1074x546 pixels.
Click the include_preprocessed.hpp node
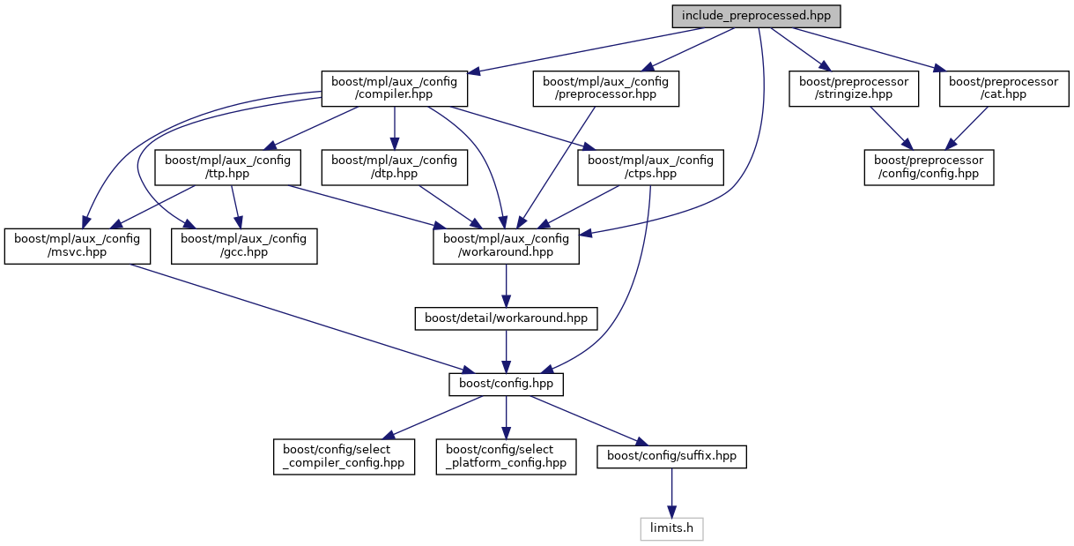click(x=755, y=16)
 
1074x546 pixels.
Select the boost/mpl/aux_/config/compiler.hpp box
click(x=394, y=88)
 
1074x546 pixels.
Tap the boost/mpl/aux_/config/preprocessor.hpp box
click(x=605, y=88)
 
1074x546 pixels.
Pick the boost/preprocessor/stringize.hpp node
click(x=854, y=88)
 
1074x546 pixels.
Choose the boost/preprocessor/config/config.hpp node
click(x=929, y=167)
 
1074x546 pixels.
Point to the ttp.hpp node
click(x=228, y=167)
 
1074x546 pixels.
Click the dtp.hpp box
click(x=394, y=167)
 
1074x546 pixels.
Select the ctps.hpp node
click(x=650, y=167)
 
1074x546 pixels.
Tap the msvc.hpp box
click(x=77, y=245)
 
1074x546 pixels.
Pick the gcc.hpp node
click(x=243, y=245)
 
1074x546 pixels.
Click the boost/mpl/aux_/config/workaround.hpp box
click(x=506, y=245)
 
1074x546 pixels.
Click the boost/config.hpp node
click(x=506, y=385)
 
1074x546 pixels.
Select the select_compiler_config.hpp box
click(x=344, y=456)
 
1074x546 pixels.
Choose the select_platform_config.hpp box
click(x=506, y=456)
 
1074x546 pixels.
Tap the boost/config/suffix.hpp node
click(x=671, y=456)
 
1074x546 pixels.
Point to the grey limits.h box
click(x=671, y=528)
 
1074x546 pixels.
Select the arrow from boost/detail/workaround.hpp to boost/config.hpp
click(x=506, y=351)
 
